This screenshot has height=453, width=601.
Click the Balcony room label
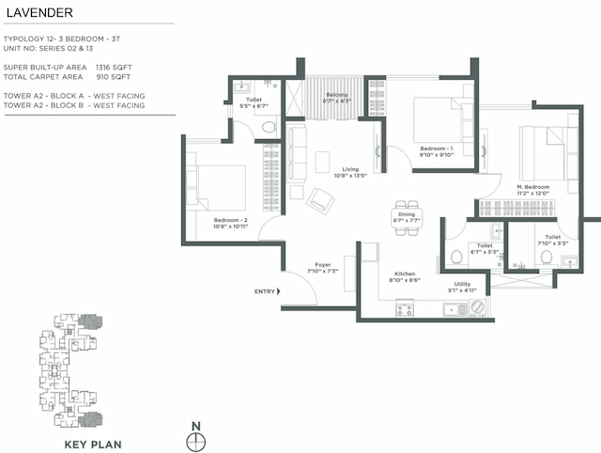point(337,94)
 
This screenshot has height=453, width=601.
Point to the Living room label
point(350,170)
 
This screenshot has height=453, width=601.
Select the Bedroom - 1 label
point(436,148)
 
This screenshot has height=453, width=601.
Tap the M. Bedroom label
point(532,187)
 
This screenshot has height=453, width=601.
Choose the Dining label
point(406,214)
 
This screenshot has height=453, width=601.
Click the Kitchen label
point(403,273)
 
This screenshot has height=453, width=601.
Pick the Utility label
point(463,285)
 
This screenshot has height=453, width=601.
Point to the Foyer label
point(322,266)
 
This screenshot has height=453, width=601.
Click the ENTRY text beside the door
point(265,291)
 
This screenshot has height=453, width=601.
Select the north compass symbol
point(196,438)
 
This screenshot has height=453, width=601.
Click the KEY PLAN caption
point(91,443)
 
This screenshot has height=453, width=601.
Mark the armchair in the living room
point(321,199)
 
